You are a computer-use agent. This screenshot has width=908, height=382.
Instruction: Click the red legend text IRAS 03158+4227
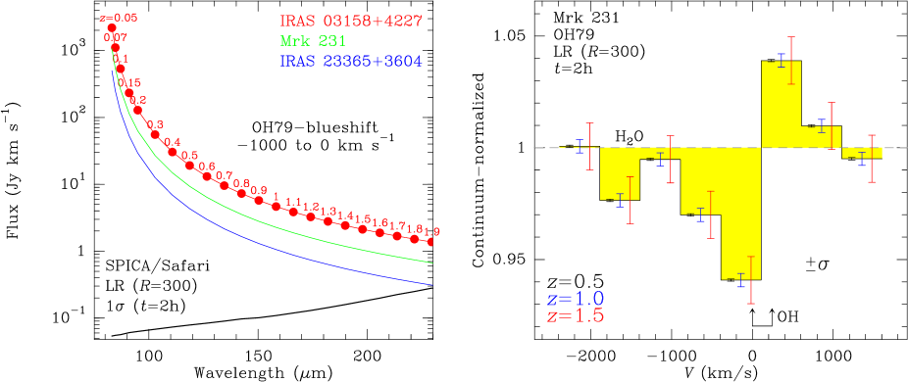(351, 21)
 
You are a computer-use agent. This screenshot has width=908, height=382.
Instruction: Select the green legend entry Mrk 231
(313, 41)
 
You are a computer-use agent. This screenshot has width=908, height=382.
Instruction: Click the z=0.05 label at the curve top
(119, 18)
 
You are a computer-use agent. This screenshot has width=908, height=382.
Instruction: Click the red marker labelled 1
(277, 207)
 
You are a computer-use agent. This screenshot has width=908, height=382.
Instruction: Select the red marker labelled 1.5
(363, 229)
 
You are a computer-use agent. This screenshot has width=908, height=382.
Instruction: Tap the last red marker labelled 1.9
(430, 241)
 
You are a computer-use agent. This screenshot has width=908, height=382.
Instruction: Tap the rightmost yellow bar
(863, 153)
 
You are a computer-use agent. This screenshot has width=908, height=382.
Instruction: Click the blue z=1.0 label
(575, 299)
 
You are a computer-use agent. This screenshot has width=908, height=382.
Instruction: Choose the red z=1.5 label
(575, 316)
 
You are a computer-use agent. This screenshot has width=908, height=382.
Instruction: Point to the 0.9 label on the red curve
(258, 190)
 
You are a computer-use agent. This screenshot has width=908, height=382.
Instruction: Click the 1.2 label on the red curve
(311, 207)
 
